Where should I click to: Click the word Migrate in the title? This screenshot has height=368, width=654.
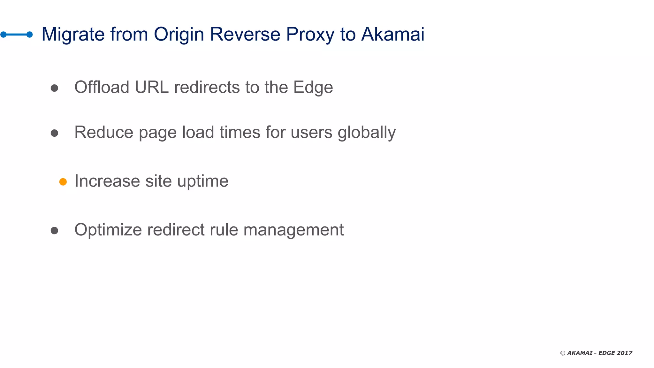pos(73,34)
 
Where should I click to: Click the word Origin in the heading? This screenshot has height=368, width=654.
pos(179,34)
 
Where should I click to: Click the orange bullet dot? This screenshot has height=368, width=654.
pos(63,182)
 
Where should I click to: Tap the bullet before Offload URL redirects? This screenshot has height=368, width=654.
pos(54,88)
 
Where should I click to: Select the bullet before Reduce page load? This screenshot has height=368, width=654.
pos(54,133)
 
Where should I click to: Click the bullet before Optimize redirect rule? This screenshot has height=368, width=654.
pos(54,230)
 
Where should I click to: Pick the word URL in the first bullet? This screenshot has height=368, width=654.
pos(152,87)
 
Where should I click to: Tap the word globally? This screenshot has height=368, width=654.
pos(367,133)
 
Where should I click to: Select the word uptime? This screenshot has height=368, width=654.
pos(203,181)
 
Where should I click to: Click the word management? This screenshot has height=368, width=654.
pos(293,230)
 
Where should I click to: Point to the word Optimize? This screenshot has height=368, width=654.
pos(108,230)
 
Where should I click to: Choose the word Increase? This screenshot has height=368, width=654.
pos(107,181)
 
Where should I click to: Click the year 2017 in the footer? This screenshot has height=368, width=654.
pos(624,353)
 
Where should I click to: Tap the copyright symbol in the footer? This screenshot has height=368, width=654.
pos(563,353)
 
